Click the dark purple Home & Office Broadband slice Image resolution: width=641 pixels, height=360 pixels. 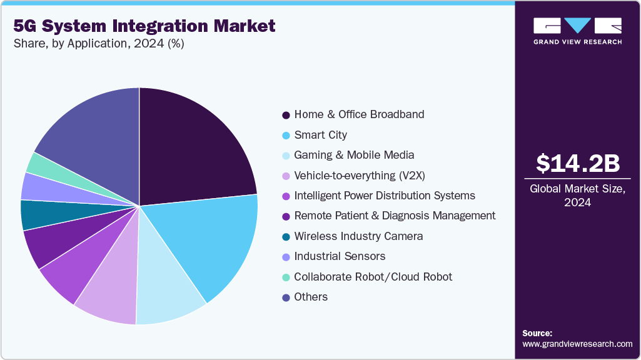click(194, 150)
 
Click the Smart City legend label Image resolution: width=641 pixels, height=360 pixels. click(320, 135)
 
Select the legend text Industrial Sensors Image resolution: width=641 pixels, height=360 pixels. click(340, 256)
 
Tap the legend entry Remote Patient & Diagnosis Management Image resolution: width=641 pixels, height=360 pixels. click(395, 216)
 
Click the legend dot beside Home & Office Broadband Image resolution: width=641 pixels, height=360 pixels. click(286, 115)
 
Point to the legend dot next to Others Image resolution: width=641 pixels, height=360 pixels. click(286, 297)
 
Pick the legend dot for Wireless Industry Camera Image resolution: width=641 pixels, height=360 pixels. click(286, 237)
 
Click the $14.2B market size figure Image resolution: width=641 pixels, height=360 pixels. click(578, 163)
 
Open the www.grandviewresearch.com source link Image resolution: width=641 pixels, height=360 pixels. click(577, 344)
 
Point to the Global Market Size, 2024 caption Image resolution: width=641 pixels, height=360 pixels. click(578, 195)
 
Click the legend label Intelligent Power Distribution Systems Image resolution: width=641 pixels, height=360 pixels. click(385, 196)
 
